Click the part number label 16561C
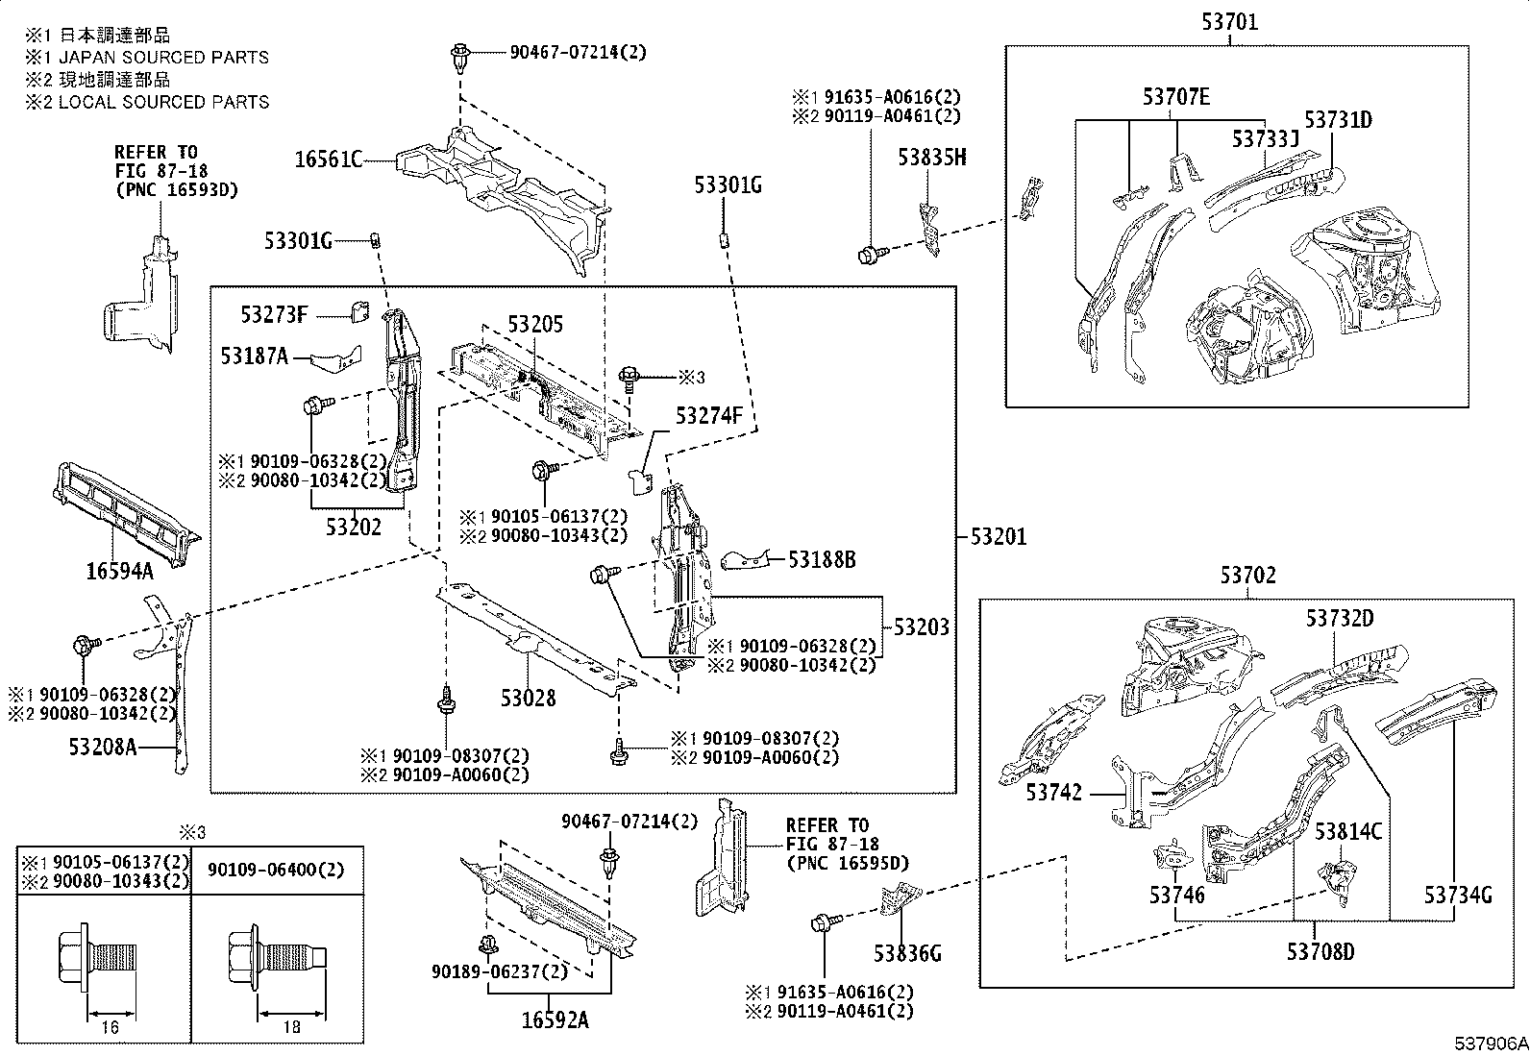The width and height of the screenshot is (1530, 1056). [x=328, y=160]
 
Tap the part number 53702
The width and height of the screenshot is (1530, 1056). [x=1248, y=576]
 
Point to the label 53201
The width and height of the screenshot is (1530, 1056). [x=998, y=537]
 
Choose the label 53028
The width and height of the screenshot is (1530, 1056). [x=528, y=699]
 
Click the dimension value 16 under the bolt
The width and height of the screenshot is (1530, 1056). [x=110, y=1027]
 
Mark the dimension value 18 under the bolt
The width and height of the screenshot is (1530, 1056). [x=291, y=1027]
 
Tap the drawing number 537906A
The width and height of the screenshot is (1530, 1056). [x=1490, y=1044]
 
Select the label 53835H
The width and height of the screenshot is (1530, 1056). [x=932, y=157]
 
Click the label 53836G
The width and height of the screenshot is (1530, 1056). [x=906, y=953]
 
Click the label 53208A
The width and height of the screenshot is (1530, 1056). [x=103, y=745]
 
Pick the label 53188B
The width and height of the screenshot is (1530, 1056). [x=823, y=559]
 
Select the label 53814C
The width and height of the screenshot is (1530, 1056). [x=1348, y=832]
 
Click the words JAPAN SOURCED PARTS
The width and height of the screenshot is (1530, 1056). [x=163, y=58]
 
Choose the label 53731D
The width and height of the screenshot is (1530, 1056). [x=1339, y=120]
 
